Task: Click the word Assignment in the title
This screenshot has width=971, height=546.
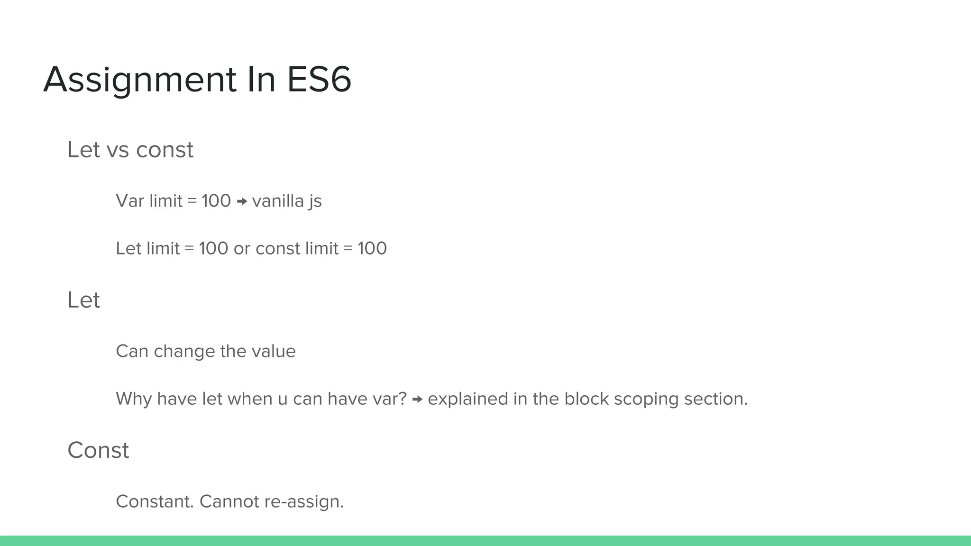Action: [x=139, y=80]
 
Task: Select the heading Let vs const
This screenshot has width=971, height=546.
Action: [x=130, y=150]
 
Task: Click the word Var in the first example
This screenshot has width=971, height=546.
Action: [x=130, y=201]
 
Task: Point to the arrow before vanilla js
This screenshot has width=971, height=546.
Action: [x=242, y=202]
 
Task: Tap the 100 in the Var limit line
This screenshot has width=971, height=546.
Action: [x=216, y=201]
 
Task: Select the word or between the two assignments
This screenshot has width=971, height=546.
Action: [x=242, y=249]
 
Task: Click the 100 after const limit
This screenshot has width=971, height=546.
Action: [x=372, y=248]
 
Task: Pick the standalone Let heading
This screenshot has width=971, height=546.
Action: [x=83, y=300]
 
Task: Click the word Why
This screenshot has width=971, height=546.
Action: [x=134, y=399]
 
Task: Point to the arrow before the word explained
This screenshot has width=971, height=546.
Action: [x=417, y=400]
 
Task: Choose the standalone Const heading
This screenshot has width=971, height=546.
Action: [x=98, y=450]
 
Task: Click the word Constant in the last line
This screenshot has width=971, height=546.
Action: [x=155, y=501]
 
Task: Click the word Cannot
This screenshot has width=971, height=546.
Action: [x=229, y=501]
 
